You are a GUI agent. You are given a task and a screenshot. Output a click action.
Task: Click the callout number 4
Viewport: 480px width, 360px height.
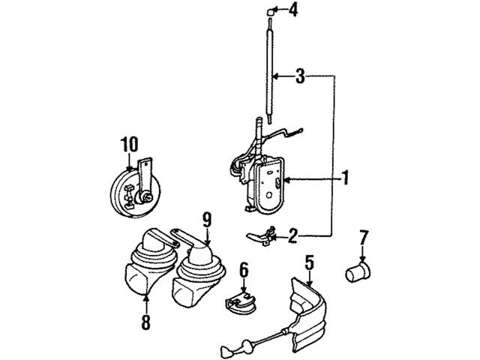click(x=294, y=10)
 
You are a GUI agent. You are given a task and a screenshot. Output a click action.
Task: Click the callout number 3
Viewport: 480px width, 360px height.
click(x=299, y=75)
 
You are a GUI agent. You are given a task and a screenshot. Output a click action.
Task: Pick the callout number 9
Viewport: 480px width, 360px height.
click(x=207, y=220)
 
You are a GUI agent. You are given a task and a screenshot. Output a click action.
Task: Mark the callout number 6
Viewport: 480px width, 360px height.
click(x=243, y=268)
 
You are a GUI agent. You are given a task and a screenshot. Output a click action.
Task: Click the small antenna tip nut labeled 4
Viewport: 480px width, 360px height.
click(x=266, y=10)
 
